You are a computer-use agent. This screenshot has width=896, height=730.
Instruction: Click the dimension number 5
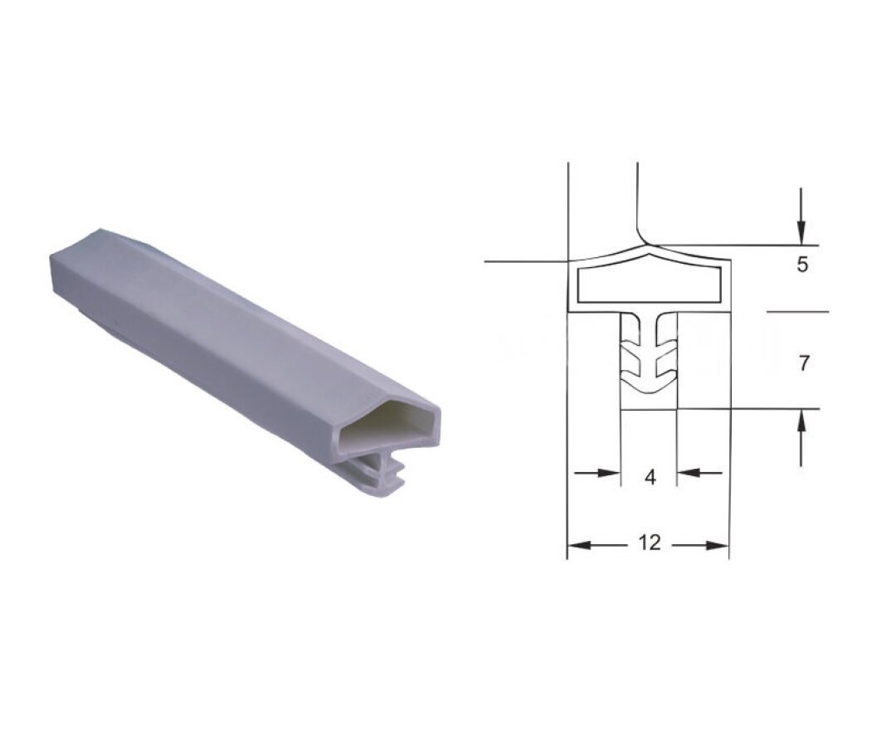pyautogui.click(x=802, y=265)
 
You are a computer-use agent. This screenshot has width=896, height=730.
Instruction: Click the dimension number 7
pyautogui.click(x=803, y=363)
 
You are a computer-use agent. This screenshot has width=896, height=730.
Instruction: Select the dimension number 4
pyautogui.click(x=650, y=476)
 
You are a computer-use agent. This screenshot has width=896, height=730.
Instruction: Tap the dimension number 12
pyautogui.click(x=649, y=542)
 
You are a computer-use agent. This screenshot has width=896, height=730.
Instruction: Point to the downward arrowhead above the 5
pyautogui.click(x=801, y=232)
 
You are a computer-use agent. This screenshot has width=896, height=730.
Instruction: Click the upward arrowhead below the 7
pyautogui.click(x=801, y=423)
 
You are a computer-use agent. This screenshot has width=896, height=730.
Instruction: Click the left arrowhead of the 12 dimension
pyautogui.click(x=579, y=546)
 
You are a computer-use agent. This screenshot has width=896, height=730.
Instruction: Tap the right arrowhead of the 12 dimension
pyautogui.click(x=717, y=546)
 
